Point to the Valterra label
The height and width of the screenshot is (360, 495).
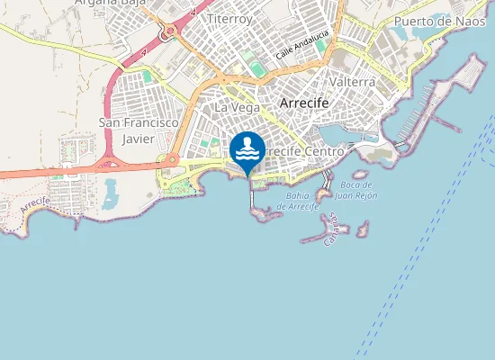(x=353, y=81)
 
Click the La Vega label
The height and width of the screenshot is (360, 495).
(x=237, y=107)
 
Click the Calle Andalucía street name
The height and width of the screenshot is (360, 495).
(x=302, y=41)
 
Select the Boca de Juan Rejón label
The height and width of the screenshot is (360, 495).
(x=355, y=189)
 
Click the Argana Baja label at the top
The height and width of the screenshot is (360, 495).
(x=111, y=3)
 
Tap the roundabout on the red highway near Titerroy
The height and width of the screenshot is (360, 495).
(x=168, y=33)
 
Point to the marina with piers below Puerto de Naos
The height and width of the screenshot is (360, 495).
(x=414, y=112)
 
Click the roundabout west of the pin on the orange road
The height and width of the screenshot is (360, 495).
(x=169, y=161)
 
